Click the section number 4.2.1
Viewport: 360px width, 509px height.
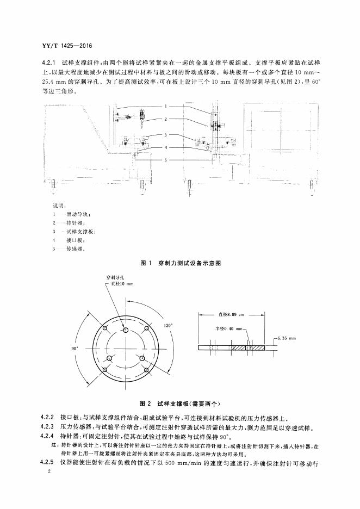49,62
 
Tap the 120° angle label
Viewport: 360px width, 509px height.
168,325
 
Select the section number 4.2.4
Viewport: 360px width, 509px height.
49,436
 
